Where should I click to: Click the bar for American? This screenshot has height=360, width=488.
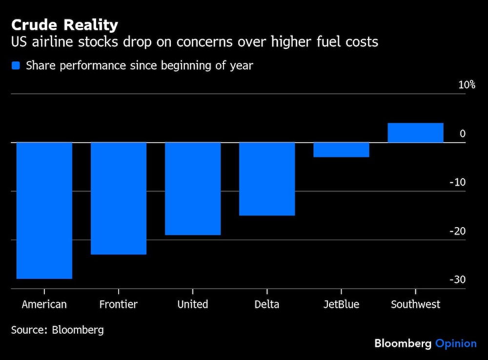tap(44, 210)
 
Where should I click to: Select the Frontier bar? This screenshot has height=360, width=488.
tap(119, 198)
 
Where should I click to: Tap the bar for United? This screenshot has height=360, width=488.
tap(193, 188)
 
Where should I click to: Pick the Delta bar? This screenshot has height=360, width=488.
tap(267, 178)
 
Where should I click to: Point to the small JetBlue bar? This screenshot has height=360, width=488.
tap(341, 149)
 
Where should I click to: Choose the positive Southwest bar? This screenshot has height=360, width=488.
tap(415, 133)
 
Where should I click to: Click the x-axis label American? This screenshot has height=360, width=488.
tap(44, 304)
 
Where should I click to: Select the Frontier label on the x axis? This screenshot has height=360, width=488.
tap(119, 304)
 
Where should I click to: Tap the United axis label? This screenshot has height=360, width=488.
tap(193, 304)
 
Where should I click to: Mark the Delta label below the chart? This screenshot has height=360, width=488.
tap(267, 304)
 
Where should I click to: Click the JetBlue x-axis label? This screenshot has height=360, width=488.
tap(341, 304)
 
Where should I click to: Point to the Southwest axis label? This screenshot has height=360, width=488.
tap(415, 304)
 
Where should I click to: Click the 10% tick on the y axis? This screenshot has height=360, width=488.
tap(467, 85)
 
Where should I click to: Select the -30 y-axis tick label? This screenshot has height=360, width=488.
tap(457, 280)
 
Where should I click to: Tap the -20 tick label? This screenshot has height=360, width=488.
tap(457, 231)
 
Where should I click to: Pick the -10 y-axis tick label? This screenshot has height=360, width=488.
tap(457, 182)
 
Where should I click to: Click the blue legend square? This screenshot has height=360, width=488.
tap(16, 65)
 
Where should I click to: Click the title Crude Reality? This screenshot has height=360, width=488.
tap(64, 25)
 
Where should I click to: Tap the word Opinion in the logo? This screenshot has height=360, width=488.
tap(456, 343)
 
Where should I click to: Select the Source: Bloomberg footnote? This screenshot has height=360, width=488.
tap(58, 330)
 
